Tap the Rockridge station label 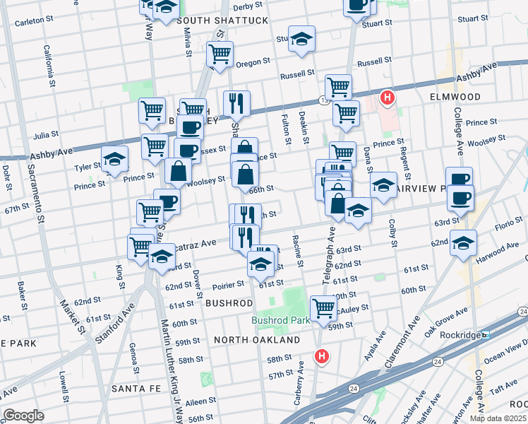click(461, 335)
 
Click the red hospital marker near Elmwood click(387, 98)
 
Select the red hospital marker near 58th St click(322, 358)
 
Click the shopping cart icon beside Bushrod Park click(323, 308)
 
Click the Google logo click(23, 415)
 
